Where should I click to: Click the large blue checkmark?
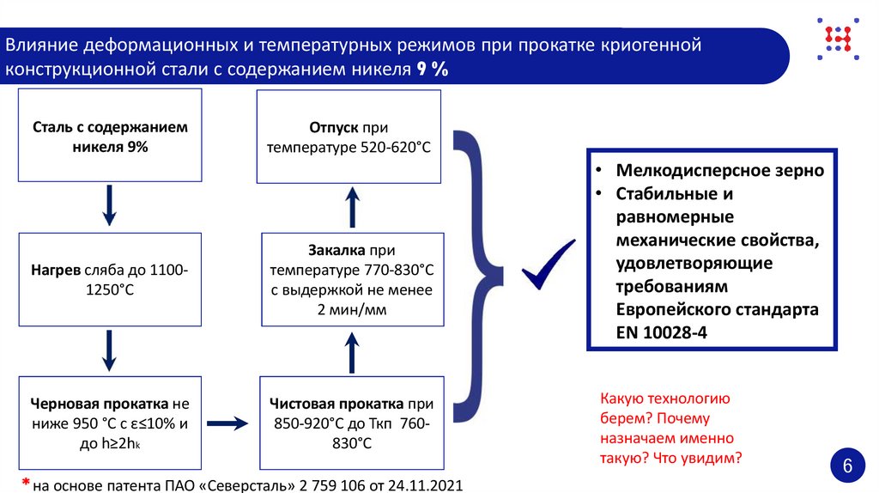pyautogui.click(x=548, y=265)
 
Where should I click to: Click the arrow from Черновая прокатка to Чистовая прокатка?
pyautogui.click(x=227, y=423)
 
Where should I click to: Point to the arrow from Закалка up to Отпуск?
pyautogui.click(x=351, y=206)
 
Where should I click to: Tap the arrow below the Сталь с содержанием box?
pyautogui.click(x=109, y=206)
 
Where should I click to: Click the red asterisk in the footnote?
pyautogui.click(x=26, y=484)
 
